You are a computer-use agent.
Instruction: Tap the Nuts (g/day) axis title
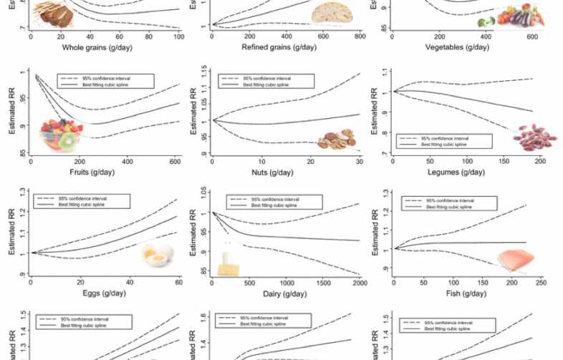286,172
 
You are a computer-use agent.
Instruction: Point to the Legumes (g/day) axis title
466,172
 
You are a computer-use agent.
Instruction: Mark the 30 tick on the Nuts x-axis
359,162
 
